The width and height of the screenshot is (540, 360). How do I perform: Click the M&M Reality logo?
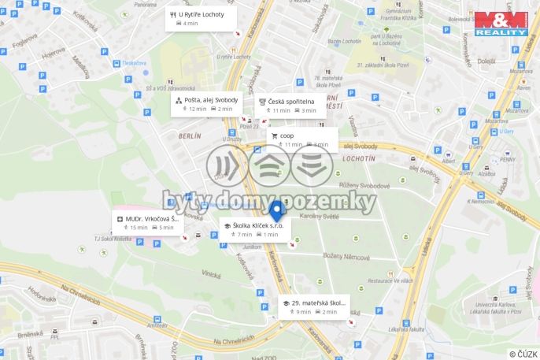pos(501,23)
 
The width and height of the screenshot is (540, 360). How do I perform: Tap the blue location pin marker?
pos(276,211)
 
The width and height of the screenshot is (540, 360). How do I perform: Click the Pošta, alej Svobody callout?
pos(207,104)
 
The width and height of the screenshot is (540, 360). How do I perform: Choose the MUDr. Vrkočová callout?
pos(146,223)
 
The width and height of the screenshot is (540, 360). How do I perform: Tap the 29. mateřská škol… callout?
pos(314,306)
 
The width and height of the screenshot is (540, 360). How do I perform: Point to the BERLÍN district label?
pos(190,136)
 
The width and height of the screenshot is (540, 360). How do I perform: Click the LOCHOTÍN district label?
pos(359,158)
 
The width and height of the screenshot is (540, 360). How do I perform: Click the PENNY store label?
pos(506,159)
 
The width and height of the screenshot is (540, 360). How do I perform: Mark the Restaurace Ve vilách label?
pos(391,280)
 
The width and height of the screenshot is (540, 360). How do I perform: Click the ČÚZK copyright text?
pos(523,354)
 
